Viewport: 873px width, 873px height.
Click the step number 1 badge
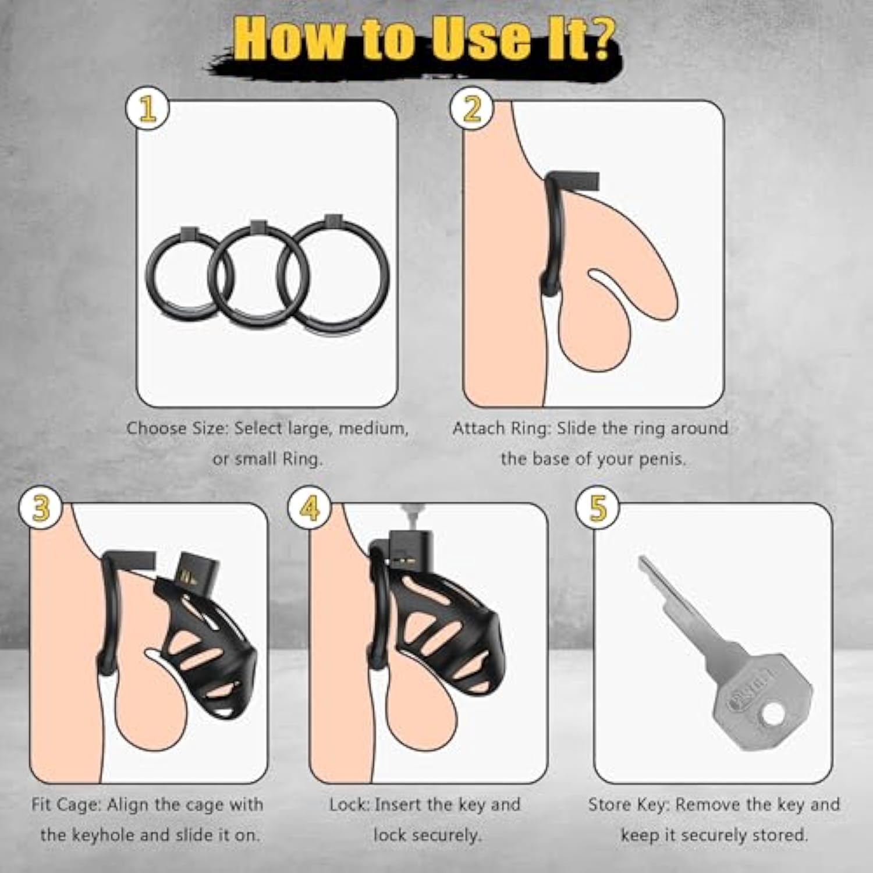pos(148,109)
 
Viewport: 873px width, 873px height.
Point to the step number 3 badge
pos(41,508)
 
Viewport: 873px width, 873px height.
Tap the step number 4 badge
pos(310,508)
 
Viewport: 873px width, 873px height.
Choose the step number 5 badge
pos(598,508)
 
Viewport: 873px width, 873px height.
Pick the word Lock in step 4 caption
pos(350,805)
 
